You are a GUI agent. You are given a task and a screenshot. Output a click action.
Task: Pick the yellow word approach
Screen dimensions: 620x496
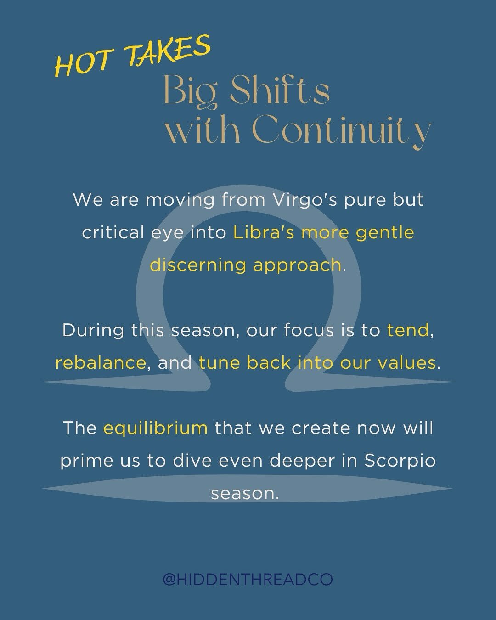297,265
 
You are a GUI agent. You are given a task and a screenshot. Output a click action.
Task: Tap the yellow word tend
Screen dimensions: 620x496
408,330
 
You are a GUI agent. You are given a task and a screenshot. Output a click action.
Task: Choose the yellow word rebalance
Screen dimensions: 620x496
101,363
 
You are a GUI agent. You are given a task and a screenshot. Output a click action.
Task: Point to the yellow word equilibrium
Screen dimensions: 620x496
156,428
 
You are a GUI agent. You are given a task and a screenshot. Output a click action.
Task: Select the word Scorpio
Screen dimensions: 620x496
400,461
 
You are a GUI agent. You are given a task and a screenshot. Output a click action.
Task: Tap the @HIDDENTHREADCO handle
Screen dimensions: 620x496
248,580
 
